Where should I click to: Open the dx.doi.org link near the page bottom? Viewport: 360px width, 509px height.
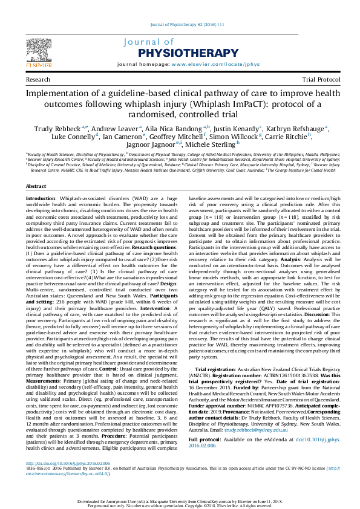59,463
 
